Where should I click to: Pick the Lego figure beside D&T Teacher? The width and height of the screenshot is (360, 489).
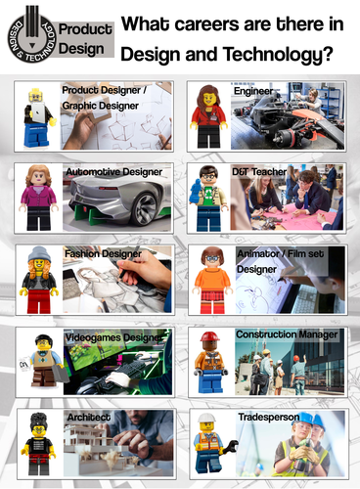209,197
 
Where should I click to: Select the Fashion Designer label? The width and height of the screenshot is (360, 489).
103,253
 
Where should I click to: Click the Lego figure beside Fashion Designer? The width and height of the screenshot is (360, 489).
39,279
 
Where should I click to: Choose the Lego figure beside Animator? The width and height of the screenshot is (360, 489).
209,279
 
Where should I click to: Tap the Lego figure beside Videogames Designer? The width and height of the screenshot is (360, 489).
39,361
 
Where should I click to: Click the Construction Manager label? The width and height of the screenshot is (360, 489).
287,334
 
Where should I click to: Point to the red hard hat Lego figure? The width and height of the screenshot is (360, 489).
209,361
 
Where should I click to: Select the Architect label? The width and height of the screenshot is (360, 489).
87,417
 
